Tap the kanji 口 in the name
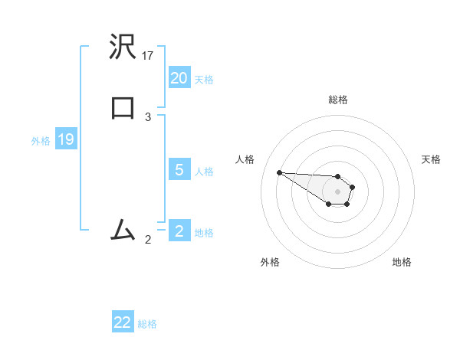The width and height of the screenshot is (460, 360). [x=123, y=106]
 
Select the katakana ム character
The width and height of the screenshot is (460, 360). [x=123, y=229]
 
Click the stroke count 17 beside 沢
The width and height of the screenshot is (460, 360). [x=148, y=56]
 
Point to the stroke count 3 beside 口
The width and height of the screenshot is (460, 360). [x=148, y=117]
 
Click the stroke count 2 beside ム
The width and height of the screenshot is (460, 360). [x=148, y=240]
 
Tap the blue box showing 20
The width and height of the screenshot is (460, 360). [x=179, y=78]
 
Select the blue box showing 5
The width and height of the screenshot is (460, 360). [x=179, y=170]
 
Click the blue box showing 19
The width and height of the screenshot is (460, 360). [x=66, y=139]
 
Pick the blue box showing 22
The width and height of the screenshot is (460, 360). [x=123, y=322]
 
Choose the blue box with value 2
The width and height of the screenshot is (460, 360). [x=179, y=231]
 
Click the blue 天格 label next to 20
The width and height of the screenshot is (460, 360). [x=204, y=80]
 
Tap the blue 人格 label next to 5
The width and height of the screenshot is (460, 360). [x=204, y=172]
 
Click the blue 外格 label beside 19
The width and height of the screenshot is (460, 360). [x=41, y=141]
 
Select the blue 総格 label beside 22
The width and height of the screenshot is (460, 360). [x=147, y=324]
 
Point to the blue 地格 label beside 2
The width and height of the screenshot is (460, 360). [x=204, y=232]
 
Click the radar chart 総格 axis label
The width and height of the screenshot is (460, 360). [x=337, y=100]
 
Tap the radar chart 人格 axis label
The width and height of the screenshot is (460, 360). [x=245, y=159]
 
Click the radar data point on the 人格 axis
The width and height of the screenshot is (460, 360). [x=279, y=172]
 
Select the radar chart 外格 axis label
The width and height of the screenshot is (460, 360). [x=270, y=263]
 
